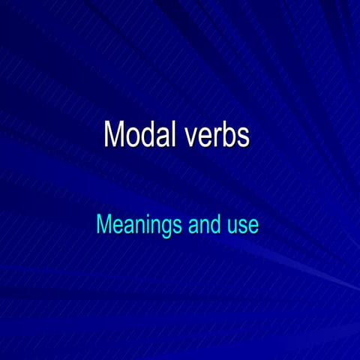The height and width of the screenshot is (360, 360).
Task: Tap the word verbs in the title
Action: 217,135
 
